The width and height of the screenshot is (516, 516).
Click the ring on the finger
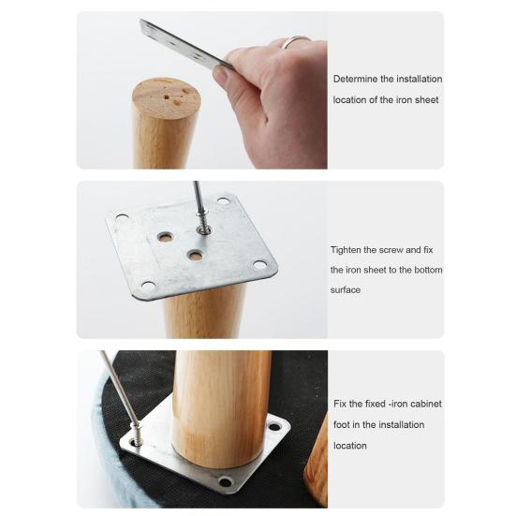tap(294, 41)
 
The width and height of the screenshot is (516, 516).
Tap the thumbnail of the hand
tap(221, 74)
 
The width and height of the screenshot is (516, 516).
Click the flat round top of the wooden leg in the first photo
tap(167, 97)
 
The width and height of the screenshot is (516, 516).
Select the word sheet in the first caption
tap(426, 99)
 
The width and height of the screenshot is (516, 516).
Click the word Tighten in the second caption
tap(346, 250)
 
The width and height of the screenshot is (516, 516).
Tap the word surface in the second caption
tap(346, 290)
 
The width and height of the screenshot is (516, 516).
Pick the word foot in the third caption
tap(341, 424)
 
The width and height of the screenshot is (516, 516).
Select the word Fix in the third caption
tap(340, 404)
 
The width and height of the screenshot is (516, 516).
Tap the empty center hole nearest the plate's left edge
tap(166, 237)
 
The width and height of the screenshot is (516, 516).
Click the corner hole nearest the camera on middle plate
tap(148, 286)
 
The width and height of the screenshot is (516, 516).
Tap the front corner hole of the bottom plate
tap(226, 482)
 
